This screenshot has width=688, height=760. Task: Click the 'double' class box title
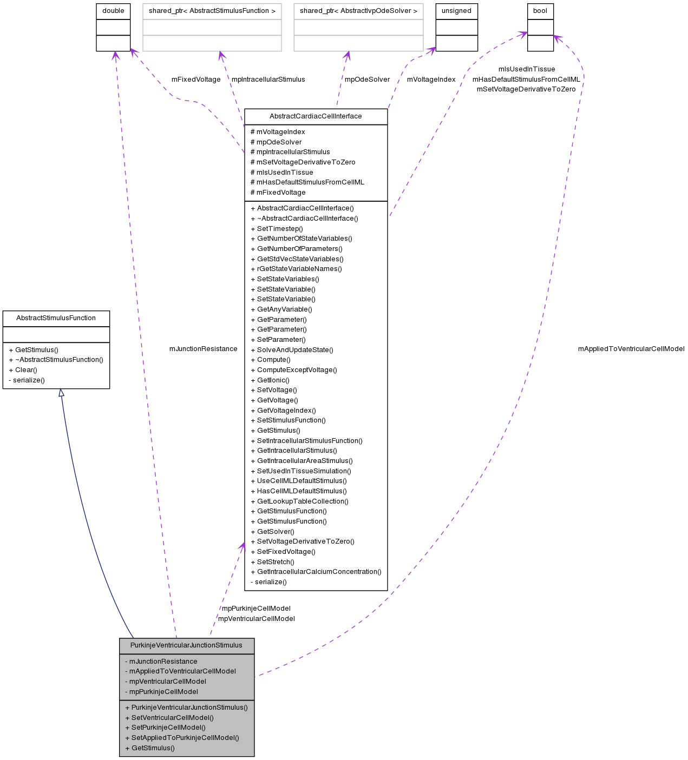(113, 11)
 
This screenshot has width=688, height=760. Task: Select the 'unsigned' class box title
(456, 11)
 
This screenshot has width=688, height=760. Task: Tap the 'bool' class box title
(540, 11)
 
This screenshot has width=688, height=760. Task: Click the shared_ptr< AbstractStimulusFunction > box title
(212, 11)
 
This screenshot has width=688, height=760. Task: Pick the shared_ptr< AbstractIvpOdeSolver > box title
(358, 11)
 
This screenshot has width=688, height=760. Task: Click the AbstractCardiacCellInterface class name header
(316, 116)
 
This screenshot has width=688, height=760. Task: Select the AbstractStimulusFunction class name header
(56, 318)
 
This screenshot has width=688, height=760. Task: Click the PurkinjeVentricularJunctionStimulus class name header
(186, 645)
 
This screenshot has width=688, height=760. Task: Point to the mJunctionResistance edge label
(203, 349)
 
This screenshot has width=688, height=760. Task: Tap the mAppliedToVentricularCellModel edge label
(631, 349)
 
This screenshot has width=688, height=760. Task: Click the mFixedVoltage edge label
(196, 80)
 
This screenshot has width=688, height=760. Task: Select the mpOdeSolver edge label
(367, 80)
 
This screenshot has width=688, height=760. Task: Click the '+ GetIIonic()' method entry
(273, 380)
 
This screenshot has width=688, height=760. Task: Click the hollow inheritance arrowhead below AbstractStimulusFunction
(61, 393)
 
